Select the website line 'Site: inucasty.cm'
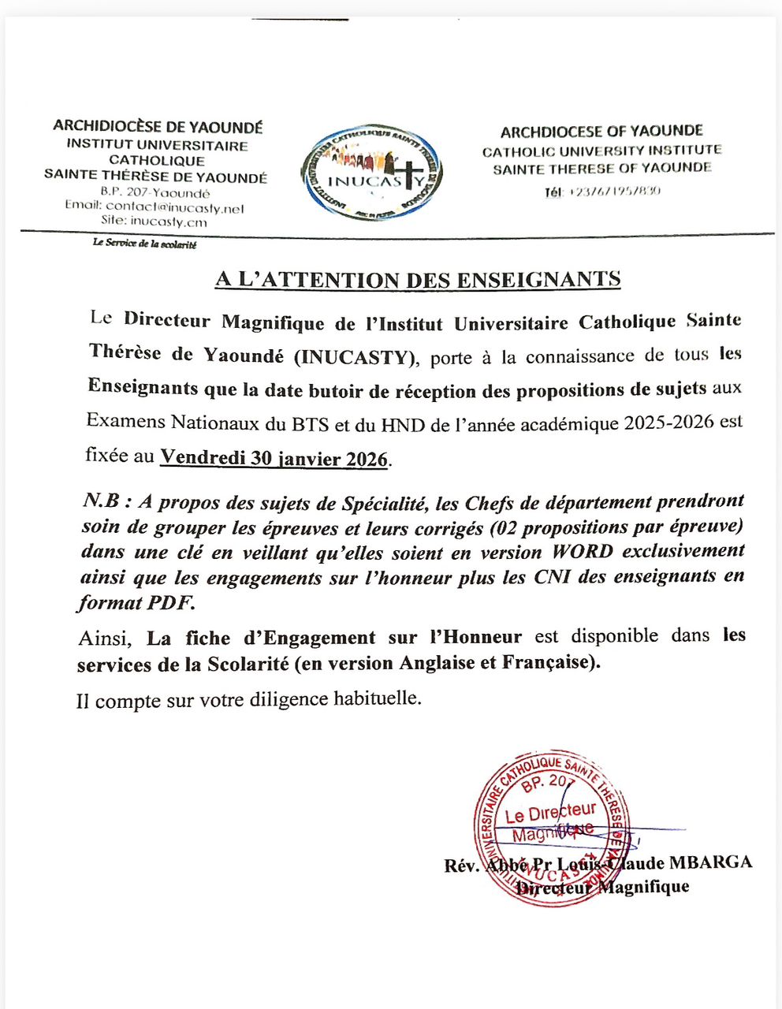click(159, 222)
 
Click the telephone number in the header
click(602, 191)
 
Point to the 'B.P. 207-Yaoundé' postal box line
click(155, 193)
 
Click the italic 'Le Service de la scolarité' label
click(144, 244)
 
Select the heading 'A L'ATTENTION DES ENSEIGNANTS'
click(418, 279)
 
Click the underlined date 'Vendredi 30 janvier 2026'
click(274, 458)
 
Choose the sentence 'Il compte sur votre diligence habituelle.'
click(249, 699)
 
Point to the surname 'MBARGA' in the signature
click(710, 862)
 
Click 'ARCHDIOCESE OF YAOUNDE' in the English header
click(601, 132)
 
